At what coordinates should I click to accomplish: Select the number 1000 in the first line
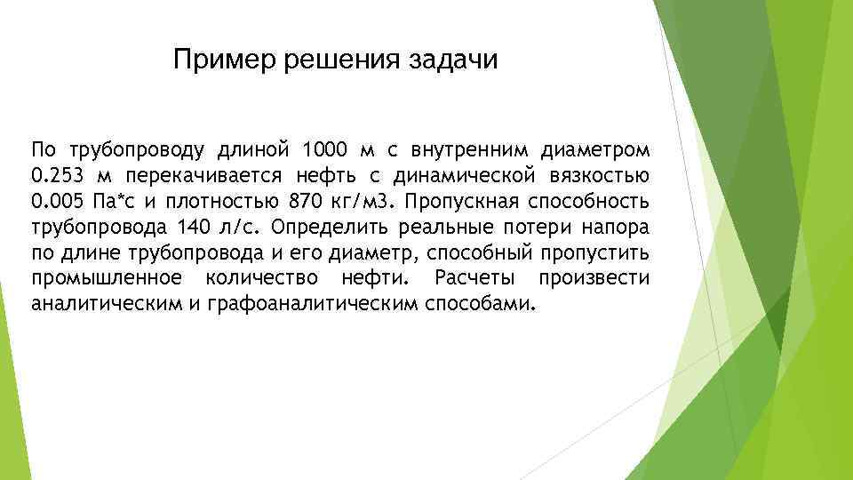326,146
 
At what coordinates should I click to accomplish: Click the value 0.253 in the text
57,172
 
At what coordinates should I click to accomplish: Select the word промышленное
108,279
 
